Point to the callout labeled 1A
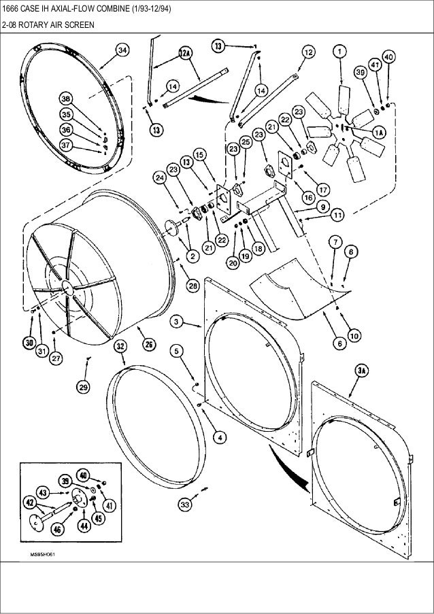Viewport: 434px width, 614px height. coord(377,133)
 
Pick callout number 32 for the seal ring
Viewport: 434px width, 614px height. coord(120,345)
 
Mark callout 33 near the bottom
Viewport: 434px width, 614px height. coord(184,504)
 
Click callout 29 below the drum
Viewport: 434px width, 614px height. coord(83,387)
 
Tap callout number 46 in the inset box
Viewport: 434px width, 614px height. coord(56,528)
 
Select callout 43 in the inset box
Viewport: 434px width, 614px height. coord(41,491)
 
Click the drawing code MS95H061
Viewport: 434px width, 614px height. coord(41,555)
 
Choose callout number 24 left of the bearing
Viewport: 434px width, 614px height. coord(159,178)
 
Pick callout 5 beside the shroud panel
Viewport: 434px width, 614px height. coord(176,352)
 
